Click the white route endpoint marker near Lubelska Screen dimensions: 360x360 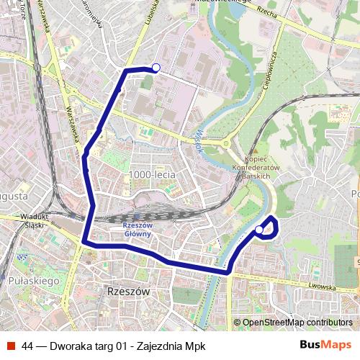(x=156, y=68)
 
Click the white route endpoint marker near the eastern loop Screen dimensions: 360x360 (x=259, y=230)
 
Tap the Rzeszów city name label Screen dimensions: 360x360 (x=127, y=292)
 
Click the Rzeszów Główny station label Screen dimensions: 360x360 (x=137, y=229)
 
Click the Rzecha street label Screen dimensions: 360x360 (x=265, y=14)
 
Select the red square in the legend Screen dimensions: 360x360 (x=11, y=346)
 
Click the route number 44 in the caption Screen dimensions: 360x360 (x=28, y=346)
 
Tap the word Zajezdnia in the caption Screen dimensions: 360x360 (x=163, y=346)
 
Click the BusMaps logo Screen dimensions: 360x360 (x=326, y=345)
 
